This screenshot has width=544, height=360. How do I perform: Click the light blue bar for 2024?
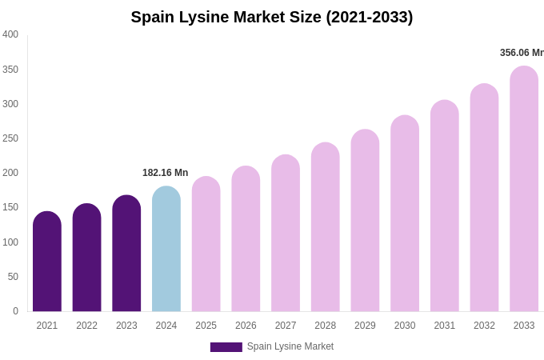166,250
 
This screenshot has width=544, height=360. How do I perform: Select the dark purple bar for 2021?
47,262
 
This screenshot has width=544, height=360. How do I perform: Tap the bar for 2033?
524,189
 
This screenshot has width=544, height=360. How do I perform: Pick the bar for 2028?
325,227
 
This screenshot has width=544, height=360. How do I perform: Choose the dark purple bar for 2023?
126,254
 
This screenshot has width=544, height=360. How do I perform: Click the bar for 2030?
405,214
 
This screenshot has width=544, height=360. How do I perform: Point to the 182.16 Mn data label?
165,173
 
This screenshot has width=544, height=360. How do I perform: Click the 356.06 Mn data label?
521,53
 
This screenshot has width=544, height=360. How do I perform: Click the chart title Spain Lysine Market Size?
272,17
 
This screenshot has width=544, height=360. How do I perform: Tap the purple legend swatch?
226,347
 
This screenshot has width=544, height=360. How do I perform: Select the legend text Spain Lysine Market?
290,346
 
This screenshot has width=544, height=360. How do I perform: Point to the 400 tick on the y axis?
10,34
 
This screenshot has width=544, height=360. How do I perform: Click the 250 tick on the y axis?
10,138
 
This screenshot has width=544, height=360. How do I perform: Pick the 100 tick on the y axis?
10,242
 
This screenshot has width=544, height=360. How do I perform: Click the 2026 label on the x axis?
246,326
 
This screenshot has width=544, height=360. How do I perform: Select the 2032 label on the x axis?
484,326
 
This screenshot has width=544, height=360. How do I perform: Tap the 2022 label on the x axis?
86,326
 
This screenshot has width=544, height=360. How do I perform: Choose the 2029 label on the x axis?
365,326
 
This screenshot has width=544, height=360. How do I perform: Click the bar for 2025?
206,244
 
